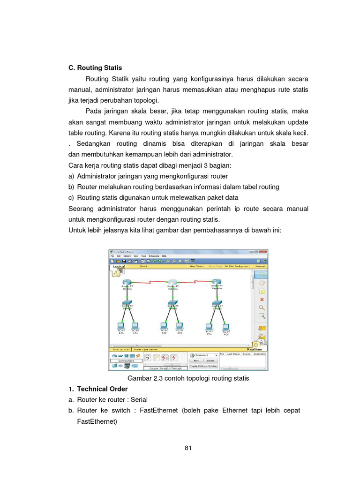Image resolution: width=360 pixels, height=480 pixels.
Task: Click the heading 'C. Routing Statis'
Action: pos(95,67)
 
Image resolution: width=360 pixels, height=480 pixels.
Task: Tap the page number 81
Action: pos(188,448)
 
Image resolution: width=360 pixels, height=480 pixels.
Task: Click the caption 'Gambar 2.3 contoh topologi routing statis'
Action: pos(188,378)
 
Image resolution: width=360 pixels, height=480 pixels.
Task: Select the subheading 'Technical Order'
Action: pos(102,389)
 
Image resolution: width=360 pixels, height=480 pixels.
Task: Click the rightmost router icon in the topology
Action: pos(217,283)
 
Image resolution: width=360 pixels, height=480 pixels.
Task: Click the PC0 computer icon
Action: pos(120,325)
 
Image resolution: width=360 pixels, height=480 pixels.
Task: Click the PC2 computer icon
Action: pos(164,325)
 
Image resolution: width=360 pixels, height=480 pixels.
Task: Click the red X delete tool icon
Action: pos(262,299)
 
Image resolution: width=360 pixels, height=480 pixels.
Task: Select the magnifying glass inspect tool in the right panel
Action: pos(262,307)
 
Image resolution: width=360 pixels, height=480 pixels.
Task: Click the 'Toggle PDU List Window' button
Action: pos(203,365)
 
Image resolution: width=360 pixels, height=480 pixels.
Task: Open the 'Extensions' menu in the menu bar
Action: pos(154,256)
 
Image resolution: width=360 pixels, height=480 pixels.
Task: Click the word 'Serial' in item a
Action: pos(139,399)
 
